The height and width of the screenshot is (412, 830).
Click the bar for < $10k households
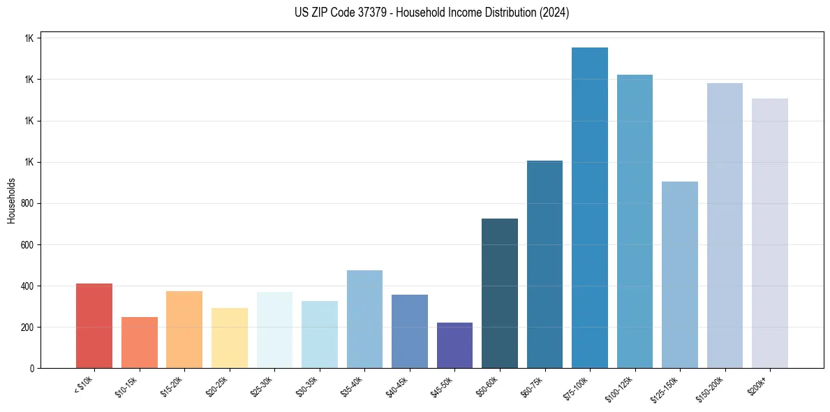click(x=94, y=326)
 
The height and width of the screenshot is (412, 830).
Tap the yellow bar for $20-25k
click(x=229, y=338)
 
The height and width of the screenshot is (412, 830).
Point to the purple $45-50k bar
click(x=454, y=346)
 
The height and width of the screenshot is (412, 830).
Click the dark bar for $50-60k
click(x=500, y=293)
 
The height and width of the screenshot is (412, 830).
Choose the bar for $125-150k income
click(x=680, y=275)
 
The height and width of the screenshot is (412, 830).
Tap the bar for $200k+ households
click(x=770, y=233)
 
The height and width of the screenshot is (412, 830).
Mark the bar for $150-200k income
click(x=725, y=226)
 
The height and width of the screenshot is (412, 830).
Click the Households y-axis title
click(x=12, y=200)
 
